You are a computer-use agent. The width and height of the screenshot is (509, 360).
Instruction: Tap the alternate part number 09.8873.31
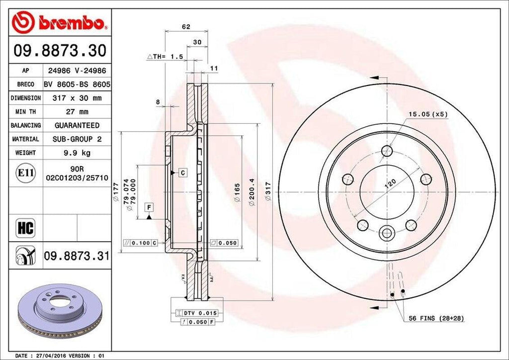coord(76,256)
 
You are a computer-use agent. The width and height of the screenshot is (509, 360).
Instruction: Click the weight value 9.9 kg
coord(76,153)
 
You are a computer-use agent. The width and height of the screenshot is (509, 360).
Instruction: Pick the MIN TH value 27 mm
coord(76,112)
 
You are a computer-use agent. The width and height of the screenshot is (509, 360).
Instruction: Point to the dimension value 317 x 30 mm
coord(77,98)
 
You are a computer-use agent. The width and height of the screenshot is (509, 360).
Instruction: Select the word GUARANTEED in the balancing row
coord(77,125)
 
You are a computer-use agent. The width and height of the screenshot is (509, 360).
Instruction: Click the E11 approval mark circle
coord(25,173)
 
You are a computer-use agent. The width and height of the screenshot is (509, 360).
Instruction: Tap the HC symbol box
coord(25,228)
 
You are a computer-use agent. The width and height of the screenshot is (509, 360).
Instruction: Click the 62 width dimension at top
coord(186,27)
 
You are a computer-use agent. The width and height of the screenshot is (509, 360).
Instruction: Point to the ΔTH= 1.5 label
coord(165,57)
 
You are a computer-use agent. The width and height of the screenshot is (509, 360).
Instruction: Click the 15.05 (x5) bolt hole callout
coord(428,114)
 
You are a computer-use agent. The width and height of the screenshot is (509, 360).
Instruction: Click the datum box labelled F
coord(149,206)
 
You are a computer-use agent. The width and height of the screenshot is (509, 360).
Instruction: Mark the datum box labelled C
coord(182,173)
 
